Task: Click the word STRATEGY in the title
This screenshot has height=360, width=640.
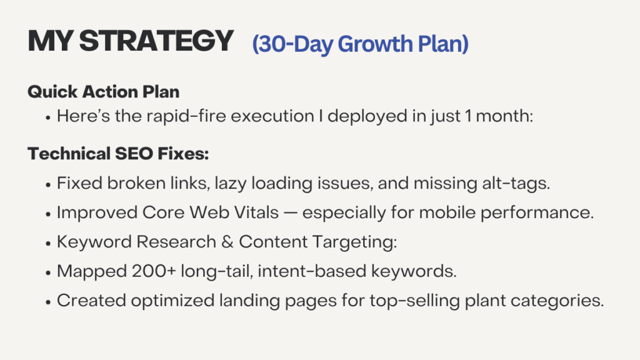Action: click(156, 41)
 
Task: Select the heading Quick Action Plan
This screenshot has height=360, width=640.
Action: click(104, 92)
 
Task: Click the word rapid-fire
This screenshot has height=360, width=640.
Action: click(186, 116)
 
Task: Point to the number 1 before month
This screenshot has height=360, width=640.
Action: click(468, 116)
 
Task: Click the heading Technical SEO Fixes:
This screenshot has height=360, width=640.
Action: click(118, 154)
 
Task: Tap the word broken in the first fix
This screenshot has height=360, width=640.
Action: click(136, 183)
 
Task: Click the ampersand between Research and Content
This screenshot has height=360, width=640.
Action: click(227, 242)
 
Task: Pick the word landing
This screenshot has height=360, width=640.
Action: click(249, 301)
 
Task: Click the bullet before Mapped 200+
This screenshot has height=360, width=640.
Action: click(48, 272)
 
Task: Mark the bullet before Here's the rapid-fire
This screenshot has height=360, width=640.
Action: click(48, 117)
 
